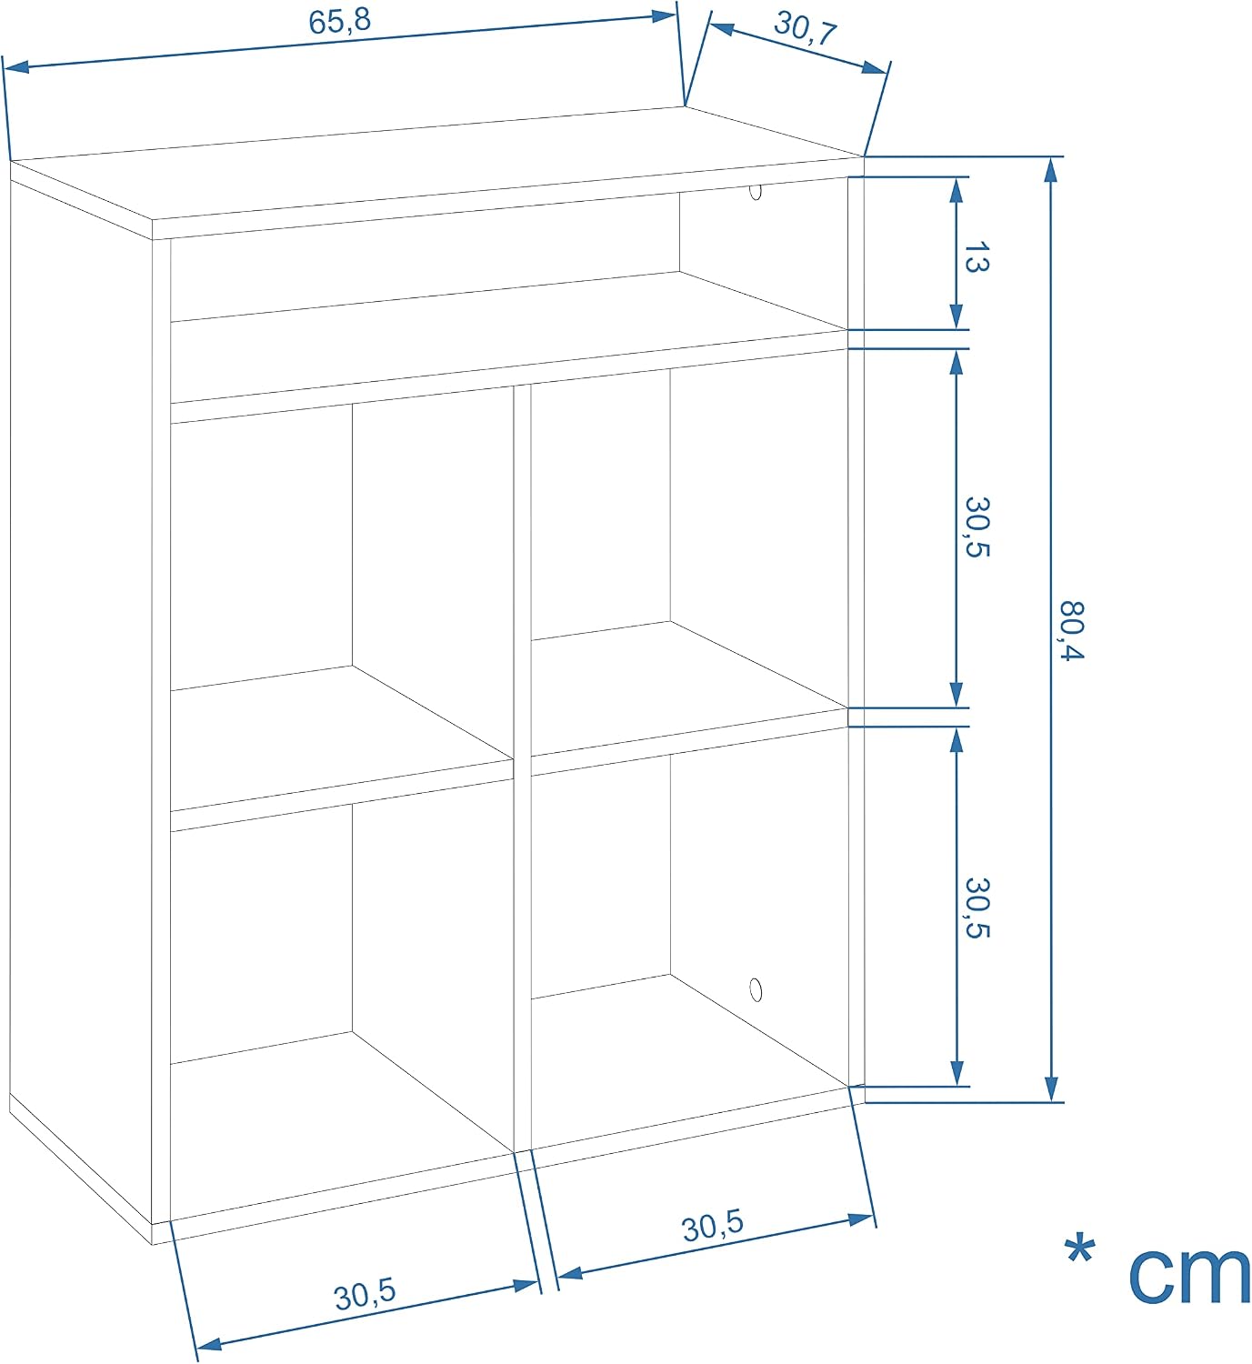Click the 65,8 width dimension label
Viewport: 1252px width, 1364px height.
point(340,21)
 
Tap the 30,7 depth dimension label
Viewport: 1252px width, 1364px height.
point(806,28)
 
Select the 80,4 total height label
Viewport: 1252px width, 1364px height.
point(1073,630)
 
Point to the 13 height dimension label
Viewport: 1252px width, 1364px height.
point(977,257)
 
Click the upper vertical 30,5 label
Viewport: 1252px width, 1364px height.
point(977,527)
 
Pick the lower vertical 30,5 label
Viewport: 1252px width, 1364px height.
point(977,908)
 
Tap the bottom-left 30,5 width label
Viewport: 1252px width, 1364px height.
point(366,1294)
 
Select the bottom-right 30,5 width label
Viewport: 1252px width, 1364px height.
point(713,1226)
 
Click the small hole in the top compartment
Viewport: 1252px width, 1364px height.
point(756,192)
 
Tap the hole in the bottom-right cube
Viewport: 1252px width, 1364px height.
point(756,990)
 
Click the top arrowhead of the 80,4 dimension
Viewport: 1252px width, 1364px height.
point(1051,171)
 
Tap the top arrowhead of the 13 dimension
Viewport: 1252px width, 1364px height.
point(957,191)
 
